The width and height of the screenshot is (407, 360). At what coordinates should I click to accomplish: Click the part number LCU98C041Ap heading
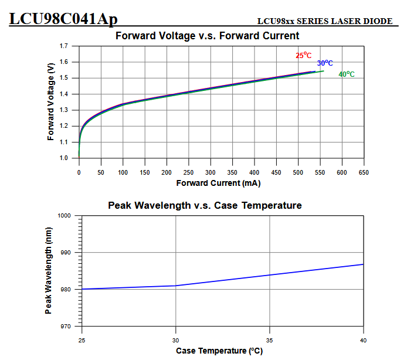pos(63,19)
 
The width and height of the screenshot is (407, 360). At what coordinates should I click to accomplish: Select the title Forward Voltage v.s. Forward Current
pos(207,36)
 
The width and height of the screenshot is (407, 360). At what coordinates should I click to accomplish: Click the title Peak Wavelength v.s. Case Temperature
pos(205,205)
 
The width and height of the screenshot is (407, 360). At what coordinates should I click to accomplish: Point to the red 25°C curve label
pos(303,56)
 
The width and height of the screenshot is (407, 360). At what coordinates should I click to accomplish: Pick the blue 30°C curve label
pos(325,63)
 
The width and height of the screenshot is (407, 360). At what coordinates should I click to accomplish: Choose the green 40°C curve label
pos(346,74)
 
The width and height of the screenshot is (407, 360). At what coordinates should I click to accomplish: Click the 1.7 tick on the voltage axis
pos(65,46)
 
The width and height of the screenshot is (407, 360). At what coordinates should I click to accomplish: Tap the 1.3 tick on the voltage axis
pos(65,110)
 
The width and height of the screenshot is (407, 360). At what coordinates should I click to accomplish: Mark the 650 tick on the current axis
pos(364,173)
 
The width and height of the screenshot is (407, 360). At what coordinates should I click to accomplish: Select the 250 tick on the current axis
pos(188,173)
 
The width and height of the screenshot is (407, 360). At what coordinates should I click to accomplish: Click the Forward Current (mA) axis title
pos(218,183)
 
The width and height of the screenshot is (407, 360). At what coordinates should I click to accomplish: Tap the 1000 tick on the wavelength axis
pos(65,216)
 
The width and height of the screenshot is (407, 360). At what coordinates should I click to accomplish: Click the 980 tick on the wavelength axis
pos(66,290)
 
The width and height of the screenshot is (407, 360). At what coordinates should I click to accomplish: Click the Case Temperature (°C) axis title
pos(219,351)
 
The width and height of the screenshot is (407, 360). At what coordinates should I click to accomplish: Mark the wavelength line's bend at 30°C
pos(176,286)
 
